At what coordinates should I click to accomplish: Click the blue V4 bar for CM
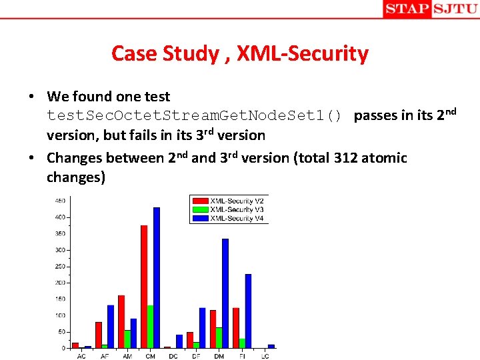[157, 278]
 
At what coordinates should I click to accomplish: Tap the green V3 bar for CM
[151, 327]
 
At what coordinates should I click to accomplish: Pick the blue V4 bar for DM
[225, 293]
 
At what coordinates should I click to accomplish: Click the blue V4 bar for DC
[179, 341]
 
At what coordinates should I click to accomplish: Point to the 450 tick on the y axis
[60, 201]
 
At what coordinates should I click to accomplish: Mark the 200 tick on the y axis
[60, 283]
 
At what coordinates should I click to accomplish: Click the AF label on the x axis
[104, 355]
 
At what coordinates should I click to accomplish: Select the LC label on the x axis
[264, 355]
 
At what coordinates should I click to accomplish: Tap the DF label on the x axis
[195, 355]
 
